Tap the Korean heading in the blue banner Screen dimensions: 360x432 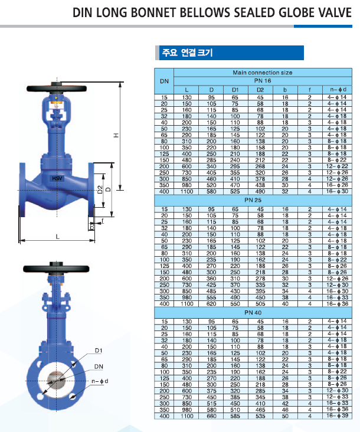pyautogui.click(x=187, y=53)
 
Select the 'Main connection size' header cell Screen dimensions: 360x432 pyautogui.click(x=263, y=73)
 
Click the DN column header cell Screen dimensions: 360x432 pyautogui.click(x=164, y=81)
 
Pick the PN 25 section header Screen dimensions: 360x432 pyautogui.click(x=253, y=200)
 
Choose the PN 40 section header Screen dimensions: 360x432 pyautogui.click(x=253, y=312)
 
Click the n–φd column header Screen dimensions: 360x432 pyautogui.click(x=338, y=90)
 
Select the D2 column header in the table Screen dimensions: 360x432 pyautogui.click(x=260, y=90)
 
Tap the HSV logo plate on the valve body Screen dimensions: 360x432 pyautogui.click(x=57, y=178)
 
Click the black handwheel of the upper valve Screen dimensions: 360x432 pyautogui.click(x=57, y=89)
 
